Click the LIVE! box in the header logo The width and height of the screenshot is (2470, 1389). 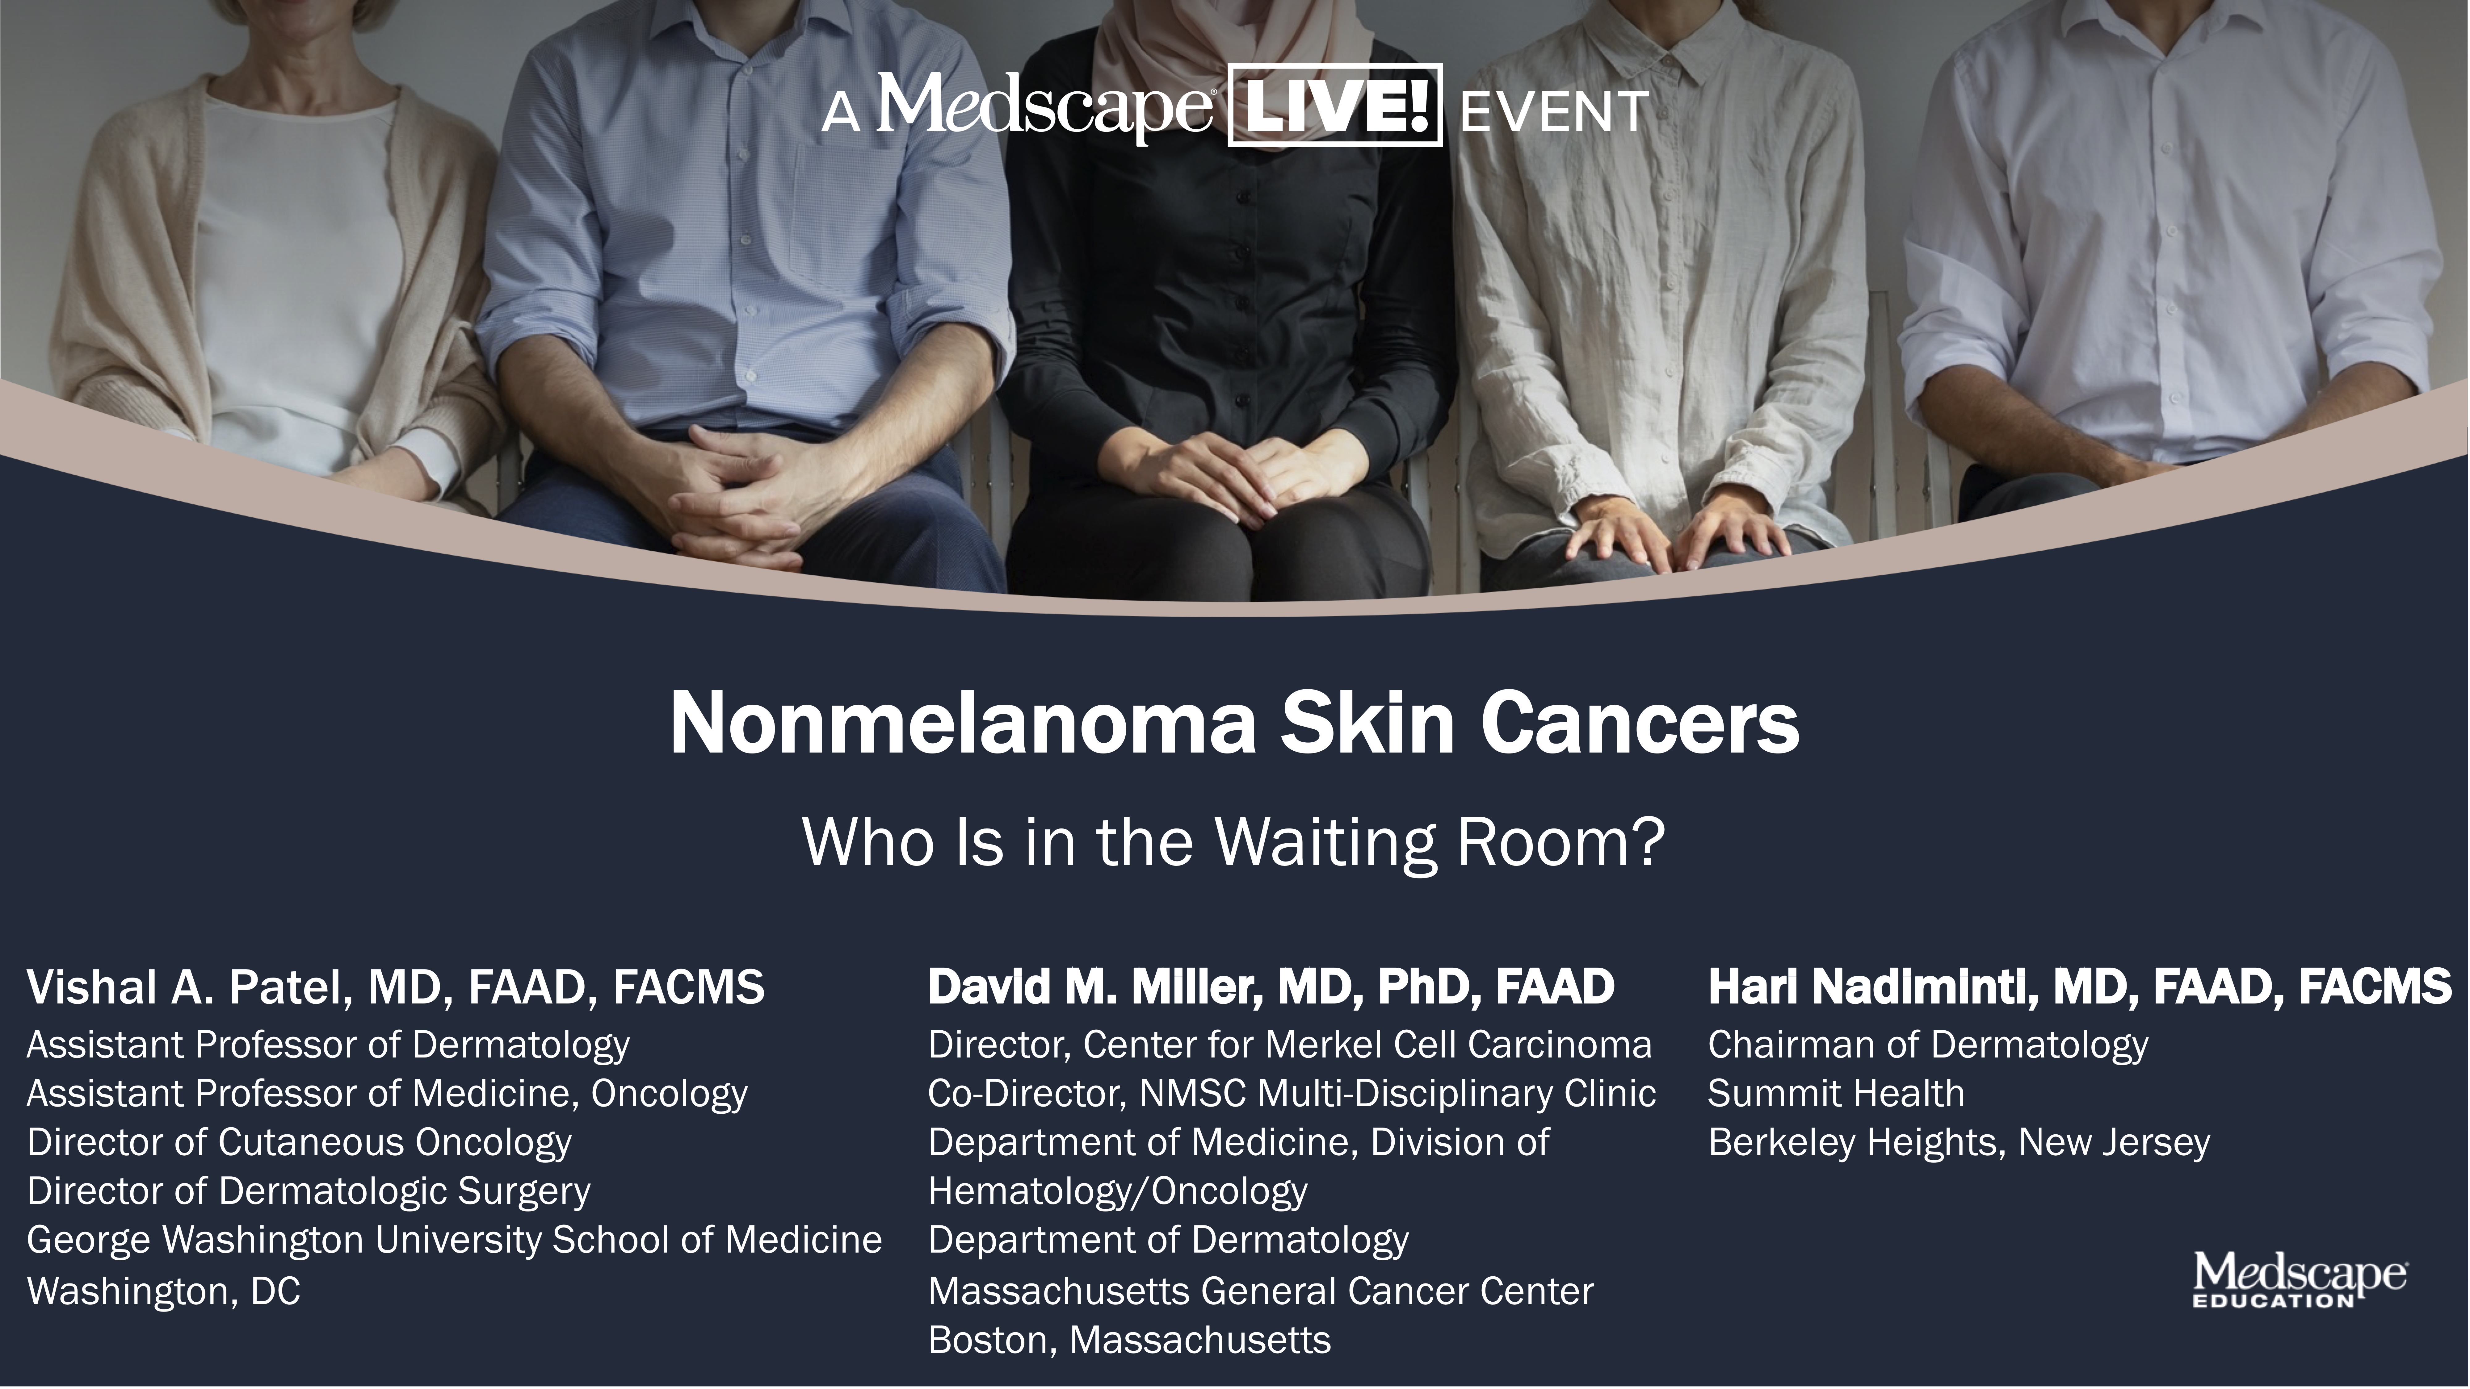click(1335, 105)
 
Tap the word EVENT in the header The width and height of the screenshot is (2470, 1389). click(1553, 112)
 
